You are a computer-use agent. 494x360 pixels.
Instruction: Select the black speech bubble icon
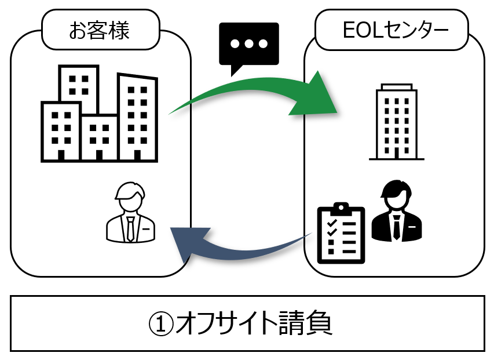tap(248, 45)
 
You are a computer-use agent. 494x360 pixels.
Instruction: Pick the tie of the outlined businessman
tap(131, 228)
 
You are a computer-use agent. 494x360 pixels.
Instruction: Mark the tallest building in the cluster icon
tap(138, 116)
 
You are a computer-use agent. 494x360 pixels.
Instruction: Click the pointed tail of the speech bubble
tap(235, 71)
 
